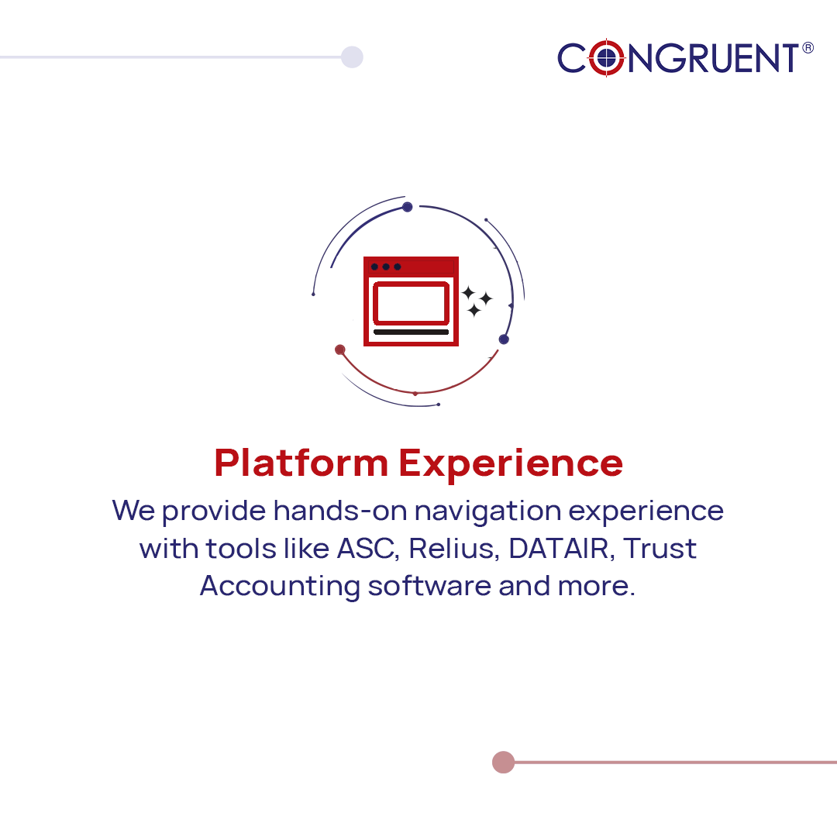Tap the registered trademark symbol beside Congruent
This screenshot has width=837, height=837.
[808, 48]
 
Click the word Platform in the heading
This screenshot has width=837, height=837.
[301, 463]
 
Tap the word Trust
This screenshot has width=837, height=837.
[660, 549]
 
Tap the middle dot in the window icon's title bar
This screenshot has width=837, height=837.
[386, 267]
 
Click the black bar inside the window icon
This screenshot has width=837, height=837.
[411, 332]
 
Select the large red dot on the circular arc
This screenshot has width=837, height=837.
[339, 350]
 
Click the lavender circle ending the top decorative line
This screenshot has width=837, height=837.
[352, 57]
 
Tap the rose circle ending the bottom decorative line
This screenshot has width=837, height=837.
[503, 762]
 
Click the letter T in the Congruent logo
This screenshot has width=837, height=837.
[787, 59]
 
